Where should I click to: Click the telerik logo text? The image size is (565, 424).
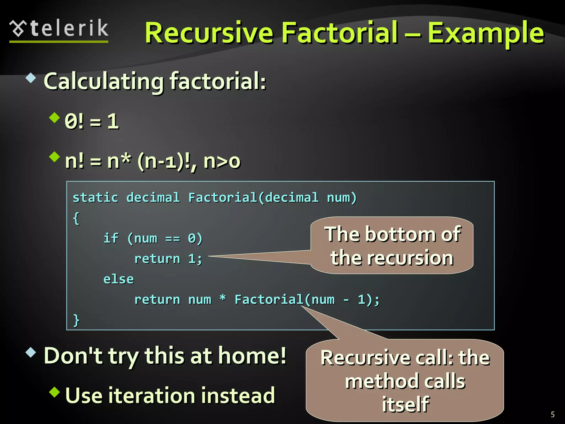click(69, 28)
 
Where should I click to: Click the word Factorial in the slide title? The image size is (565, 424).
click(340, 33)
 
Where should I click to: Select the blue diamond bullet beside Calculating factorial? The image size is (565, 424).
click(31, 78)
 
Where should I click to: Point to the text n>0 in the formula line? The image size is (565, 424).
click(222, 161)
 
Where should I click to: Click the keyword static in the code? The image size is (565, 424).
click(95, 198)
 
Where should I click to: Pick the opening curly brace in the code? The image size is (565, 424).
click(76, 218)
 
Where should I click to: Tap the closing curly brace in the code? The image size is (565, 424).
click(76, 320)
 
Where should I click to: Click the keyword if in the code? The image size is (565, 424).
click(111, 238)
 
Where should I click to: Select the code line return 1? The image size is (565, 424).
click(168, 259)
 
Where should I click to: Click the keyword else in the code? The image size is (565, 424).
click(118, 279)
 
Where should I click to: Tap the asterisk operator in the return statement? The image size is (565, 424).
click(223, 299)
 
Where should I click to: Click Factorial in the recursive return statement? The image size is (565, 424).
click(269, 300)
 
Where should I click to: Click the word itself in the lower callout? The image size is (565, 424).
click(405, 404)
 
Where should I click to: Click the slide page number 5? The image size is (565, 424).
click(553, 414)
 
